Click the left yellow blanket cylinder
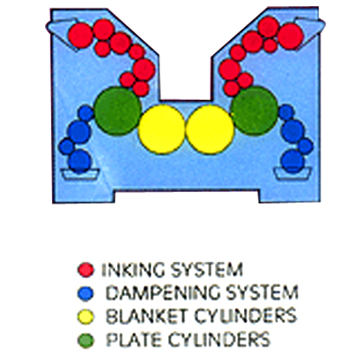[162, 130]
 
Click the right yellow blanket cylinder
[210, 130]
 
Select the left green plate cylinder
[118, 111]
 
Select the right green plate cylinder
[255, 111]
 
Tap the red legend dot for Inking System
[85, 269]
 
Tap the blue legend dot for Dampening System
[85, 293]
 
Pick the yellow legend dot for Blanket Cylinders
[85, 317]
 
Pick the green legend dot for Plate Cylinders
[85, 340]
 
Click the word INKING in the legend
[133, 270]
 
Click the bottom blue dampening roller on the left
[79, 162]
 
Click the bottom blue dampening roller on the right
[292, 161]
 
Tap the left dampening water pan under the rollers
[80, 174]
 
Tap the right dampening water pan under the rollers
[292, 174]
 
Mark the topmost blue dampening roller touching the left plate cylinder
[86, 113]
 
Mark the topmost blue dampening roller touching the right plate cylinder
[286, 112]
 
